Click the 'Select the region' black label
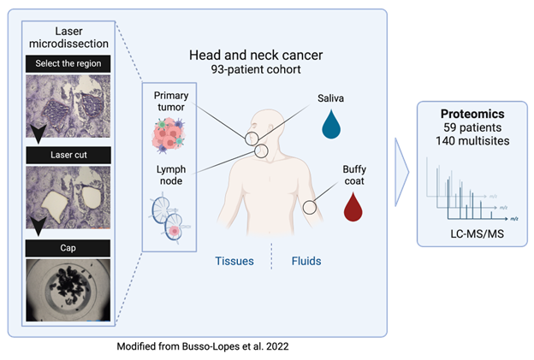[68, 63]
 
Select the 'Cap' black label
[68, 248]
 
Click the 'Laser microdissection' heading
[68, 37]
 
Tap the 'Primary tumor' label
[171, 100]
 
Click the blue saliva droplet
[330, 124]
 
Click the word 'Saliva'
[330, 98]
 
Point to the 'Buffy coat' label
[354, 176]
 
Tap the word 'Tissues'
[235, 261]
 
